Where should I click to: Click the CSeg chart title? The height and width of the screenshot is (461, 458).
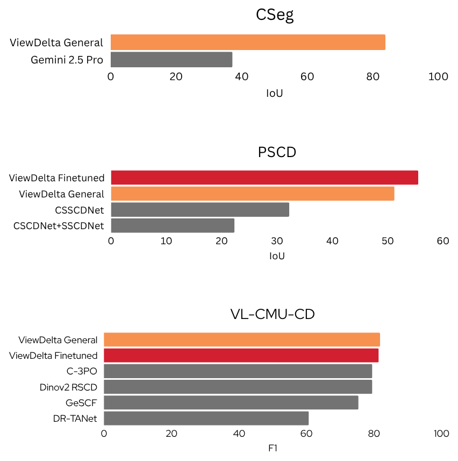click(274, 15)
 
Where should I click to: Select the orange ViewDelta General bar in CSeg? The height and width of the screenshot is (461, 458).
click(248, 42)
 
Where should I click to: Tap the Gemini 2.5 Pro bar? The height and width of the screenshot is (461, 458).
click(171, 59)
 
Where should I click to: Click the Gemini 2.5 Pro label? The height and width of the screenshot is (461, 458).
click(67, 59)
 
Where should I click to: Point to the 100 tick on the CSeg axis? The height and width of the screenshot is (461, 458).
click(438, 77)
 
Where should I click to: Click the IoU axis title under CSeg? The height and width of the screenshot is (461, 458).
click(274, 93)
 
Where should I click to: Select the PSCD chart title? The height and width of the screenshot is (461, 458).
click(277, 153)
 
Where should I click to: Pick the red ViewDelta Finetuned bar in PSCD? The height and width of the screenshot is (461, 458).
click(264, 178)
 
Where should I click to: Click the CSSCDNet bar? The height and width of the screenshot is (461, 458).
click(200, 209)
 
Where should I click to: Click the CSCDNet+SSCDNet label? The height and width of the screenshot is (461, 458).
click(59, 225)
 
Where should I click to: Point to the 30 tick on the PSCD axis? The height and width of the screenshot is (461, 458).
click(276, 241)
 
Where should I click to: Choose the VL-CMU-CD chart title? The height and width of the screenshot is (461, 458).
click(272, 314)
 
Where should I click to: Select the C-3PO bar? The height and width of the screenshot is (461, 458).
click(238, 371)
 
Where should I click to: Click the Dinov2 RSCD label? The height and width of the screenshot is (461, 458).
click(68, 387)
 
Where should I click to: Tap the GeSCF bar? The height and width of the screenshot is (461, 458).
click(231, 402)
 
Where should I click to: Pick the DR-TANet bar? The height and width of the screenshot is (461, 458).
click(206, 418)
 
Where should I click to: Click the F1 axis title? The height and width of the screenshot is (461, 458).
click(272, 448)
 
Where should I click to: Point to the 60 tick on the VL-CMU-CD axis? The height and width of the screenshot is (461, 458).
click(306, 434)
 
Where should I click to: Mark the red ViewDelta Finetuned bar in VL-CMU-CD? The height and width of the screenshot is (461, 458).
click(241, 355)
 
